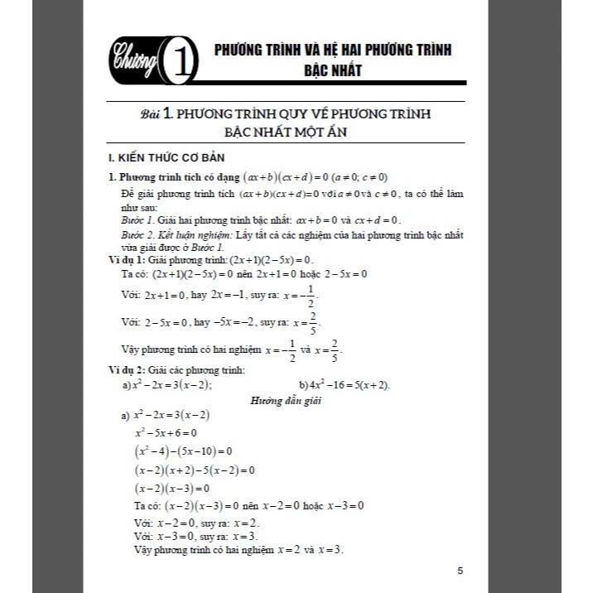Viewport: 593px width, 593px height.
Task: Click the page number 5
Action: [460, 571]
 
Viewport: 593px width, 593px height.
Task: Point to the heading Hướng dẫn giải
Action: [285, 401]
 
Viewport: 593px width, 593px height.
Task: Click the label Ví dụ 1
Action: [127, 259]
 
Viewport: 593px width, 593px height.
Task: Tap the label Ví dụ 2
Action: [127, 369]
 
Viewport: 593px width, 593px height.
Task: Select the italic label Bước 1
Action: [137, 219]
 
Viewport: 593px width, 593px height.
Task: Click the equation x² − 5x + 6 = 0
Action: [166, 432]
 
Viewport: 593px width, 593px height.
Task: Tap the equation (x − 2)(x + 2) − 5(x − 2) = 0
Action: [195, 470]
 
